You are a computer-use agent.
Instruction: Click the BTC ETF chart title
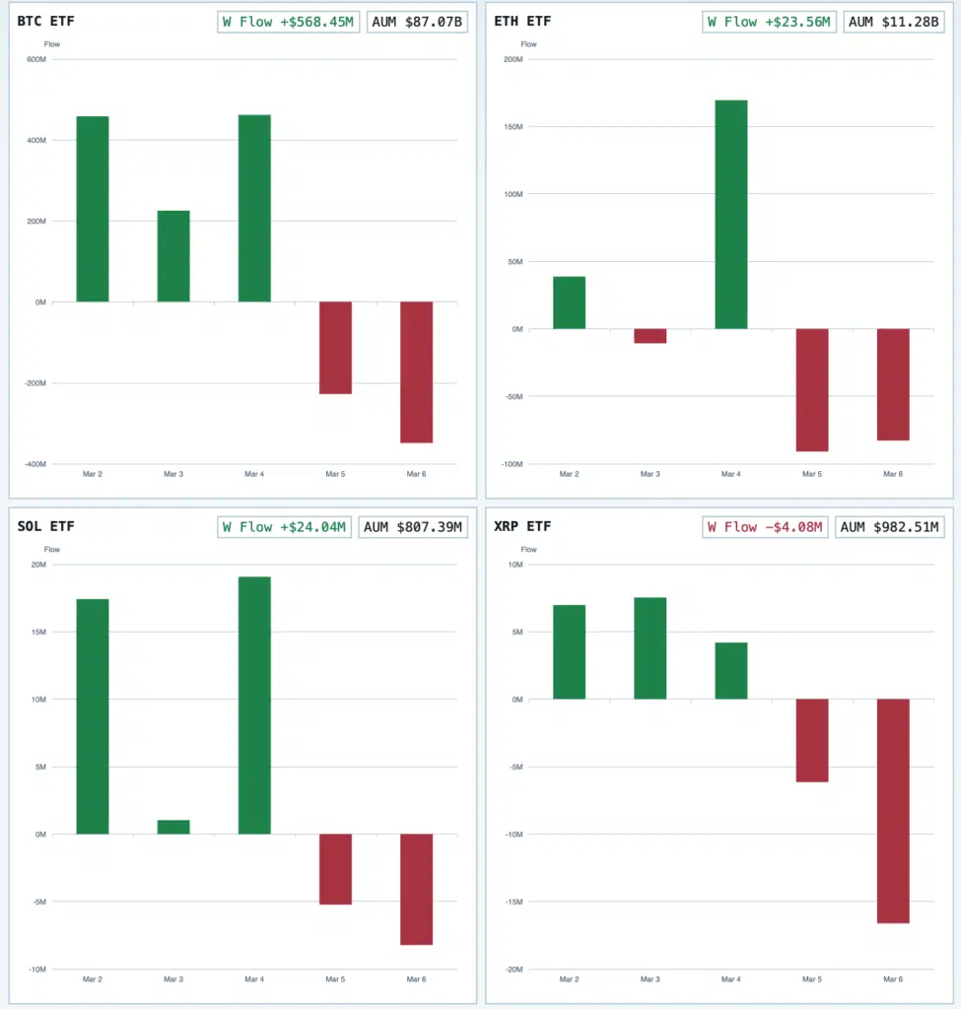point(46,21)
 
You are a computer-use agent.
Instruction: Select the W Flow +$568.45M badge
point(289,22)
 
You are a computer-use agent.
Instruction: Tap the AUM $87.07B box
point(417,22)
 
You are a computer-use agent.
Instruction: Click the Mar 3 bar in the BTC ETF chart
point(173,256)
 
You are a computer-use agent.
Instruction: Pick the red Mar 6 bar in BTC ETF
point(416,371)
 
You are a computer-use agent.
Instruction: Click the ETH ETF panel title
point(522,21)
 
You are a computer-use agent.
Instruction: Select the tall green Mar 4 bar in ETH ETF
point(730,214)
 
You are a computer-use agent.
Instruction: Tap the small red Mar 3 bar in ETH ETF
point(650,336)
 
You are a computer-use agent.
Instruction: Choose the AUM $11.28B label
point(893,22)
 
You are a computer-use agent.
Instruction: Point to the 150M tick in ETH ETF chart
point(512,127)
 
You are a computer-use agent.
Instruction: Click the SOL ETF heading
point(46,526)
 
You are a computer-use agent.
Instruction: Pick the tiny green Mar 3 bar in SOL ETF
point(173,827)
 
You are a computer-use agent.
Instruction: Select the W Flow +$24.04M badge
point(284,527)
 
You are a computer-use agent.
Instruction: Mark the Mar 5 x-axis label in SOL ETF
point(335,979)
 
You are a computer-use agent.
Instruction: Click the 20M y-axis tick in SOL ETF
point(38,565)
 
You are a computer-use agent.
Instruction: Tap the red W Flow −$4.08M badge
point(765,527)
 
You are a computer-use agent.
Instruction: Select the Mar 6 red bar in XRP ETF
point(893,810)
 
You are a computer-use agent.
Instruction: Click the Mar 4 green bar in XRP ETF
point(730,670)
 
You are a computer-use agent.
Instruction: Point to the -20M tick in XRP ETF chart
point(514,969)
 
